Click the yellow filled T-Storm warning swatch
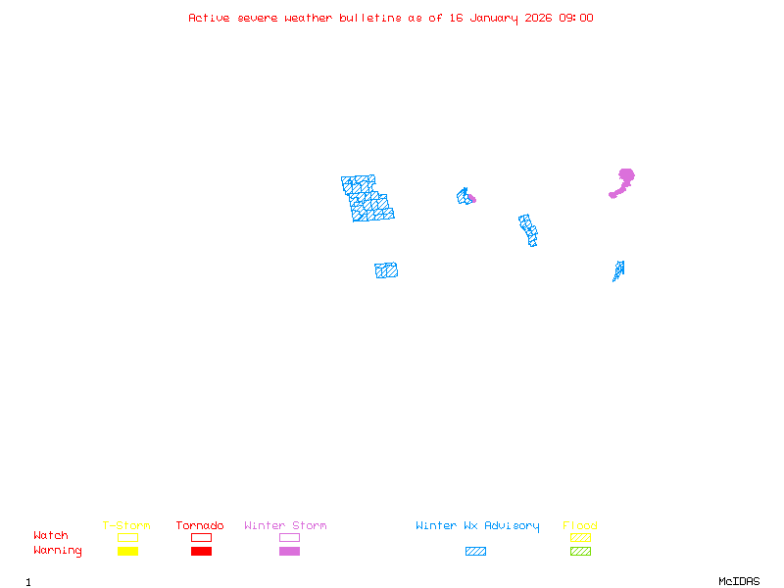point(127,552)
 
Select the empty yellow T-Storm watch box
point(127,537)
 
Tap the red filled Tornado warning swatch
point(201,552)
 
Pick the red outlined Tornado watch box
point(201,537)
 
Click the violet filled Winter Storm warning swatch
point(289,552)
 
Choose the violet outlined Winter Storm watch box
point(289,537)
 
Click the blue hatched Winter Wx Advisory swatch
point(475,552)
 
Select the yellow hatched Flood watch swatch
point(580,537)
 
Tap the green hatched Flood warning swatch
point(580,552)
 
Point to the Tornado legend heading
point(200,526)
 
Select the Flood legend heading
point(580,526)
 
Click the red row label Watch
point(51,536)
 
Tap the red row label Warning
point(58,551)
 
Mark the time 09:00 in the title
point(576,18)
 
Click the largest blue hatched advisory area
point(367,199)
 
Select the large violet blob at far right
point(624,178)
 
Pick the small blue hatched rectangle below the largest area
point(386,270)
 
